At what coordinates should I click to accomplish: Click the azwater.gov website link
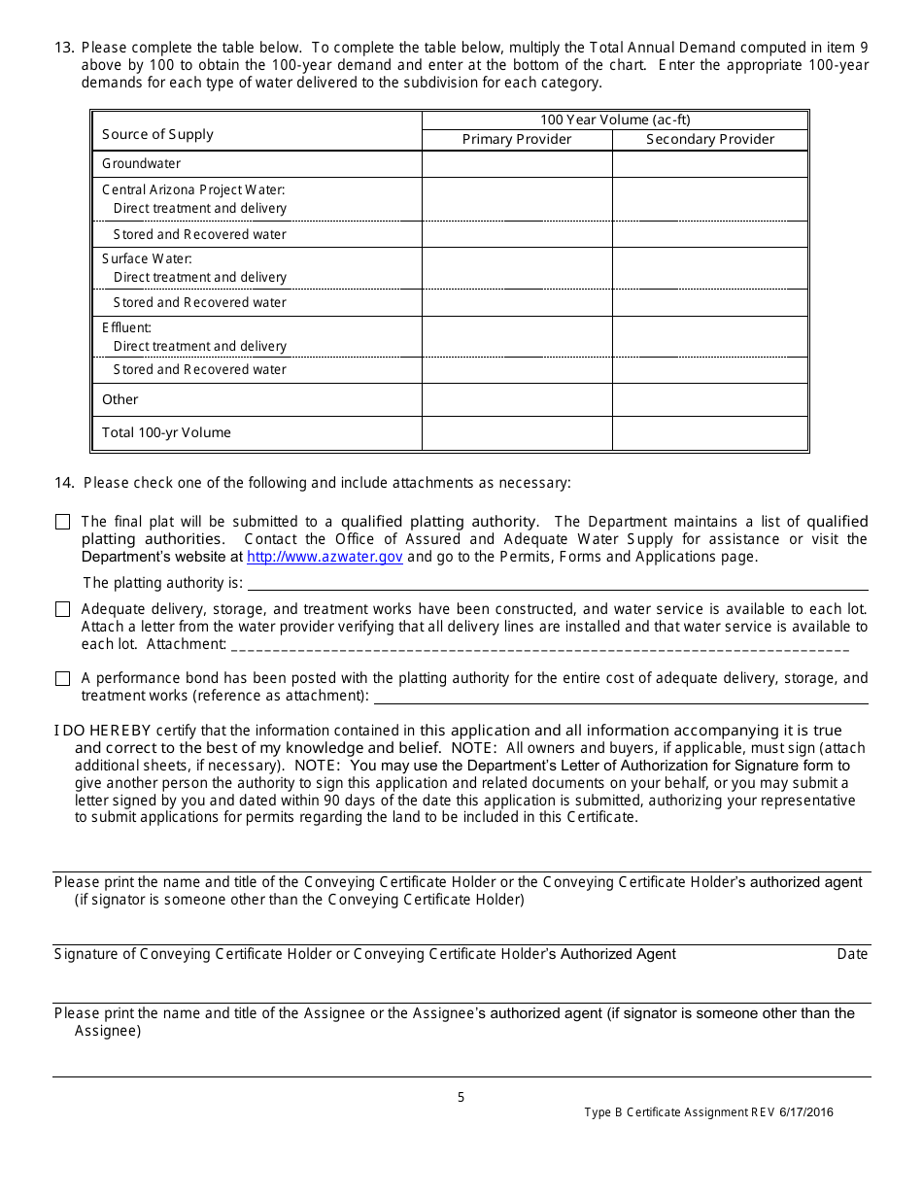tap(325, 558)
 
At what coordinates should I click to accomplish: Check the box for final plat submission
tap(63, 523)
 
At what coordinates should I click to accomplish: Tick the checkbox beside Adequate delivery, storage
tap(63, 610)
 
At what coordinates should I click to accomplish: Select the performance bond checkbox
tap(63, 679)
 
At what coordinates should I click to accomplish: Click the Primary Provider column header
tap(517, 140)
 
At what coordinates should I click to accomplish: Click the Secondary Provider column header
tap(710, 140)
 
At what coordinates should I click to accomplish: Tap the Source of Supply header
tap(157, 134)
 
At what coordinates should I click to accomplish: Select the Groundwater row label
tap(142, 164)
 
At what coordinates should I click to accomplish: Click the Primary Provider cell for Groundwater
tap(517, 164)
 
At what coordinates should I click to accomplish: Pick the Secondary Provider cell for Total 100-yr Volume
tap(710, 433)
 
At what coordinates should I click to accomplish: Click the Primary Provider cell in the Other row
tap(517, 399)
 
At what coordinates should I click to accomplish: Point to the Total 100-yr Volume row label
tap(166, 433)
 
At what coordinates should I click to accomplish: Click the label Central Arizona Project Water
tap(193, 190)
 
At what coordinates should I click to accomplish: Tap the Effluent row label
tap(126, 328)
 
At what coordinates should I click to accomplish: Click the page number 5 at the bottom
tap(461, 1098)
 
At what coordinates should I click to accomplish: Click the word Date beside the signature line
tap(852, 955)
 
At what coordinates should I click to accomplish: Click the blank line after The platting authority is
tap(557, 583)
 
